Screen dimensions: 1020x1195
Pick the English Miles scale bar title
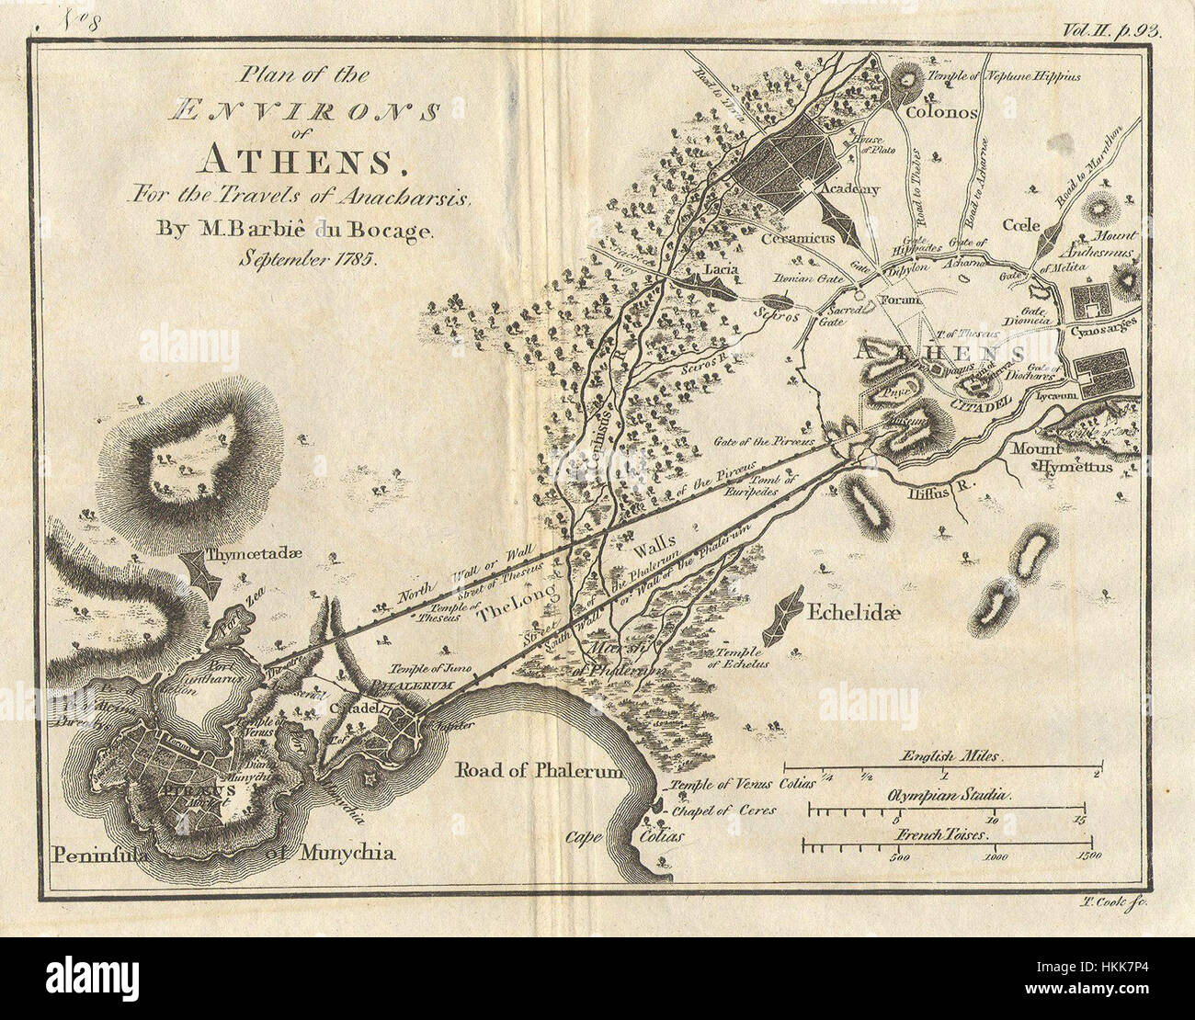[x=943, y=753]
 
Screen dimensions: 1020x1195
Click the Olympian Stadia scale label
[x=947, y=792]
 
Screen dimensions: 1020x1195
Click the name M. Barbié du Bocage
[x=300, y=232]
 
